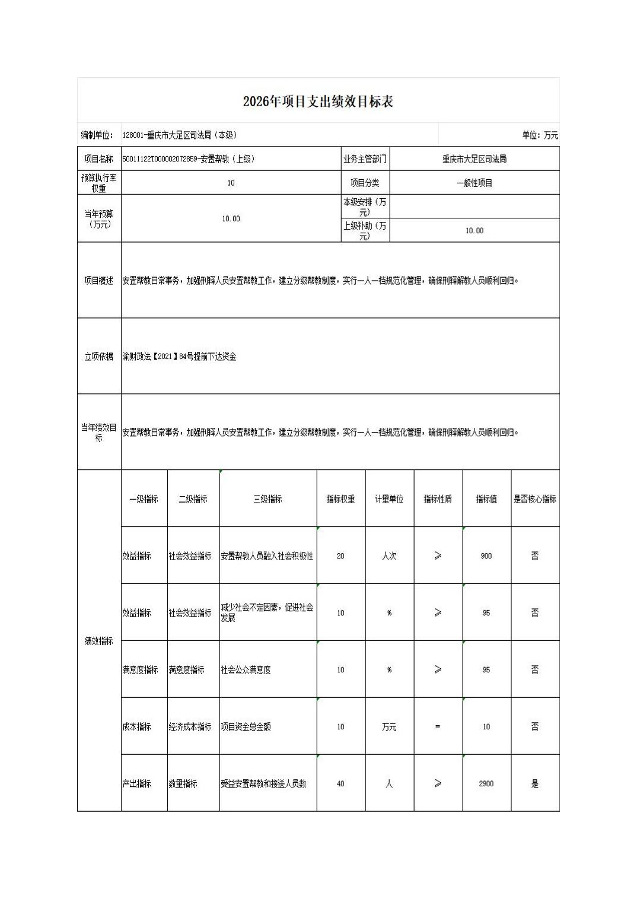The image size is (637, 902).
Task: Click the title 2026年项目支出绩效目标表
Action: tap(318, 101)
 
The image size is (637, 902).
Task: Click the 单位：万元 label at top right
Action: tap(540, 135)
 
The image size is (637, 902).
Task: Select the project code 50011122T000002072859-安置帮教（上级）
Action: tap(189, 159)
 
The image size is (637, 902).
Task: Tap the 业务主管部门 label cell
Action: tap(365, 159)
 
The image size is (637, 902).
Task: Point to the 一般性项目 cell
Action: tap(474, 183)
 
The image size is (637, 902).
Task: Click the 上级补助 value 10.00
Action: tap(474, 231)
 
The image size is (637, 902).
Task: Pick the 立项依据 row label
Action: tap(99, 357)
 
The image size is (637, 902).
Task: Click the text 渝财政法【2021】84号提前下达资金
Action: tap(180, 357)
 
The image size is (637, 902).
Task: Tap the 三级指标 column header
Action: tap(267, 499)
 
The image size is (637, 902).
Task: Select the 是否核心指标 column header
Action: tap(535, 499)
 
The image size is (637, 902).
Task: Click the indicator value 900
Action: tap(486, 556)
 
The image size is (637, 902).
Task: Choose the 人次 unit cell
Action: tap(389, 556)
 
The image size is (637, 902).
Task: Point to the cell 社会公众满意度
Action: tap(246, 670)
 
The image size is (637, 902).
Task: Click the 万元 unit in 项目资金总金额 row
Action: tap(389, 727)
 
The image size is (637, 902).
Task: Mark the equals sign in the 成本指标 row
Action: tap(438, 727)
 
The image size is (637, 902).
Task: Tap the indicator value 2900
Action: tap(486, 784)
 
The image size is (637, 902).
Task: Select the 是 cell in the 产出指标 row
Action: tap(535, 784)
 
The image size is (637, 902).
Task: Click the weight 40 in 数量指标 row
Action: tap(340, 784)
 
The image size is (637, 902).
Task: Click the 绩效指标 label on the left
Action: tap(99, 641)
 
